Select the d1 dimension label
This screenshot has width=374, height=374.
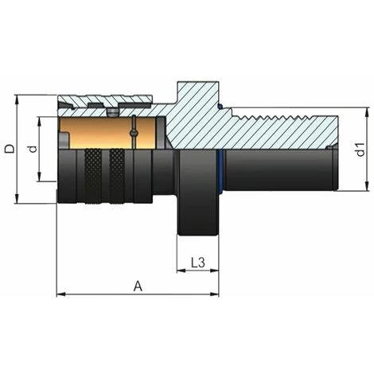[359, 149]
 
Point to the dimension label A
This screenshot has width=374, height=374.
[138, 284]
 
